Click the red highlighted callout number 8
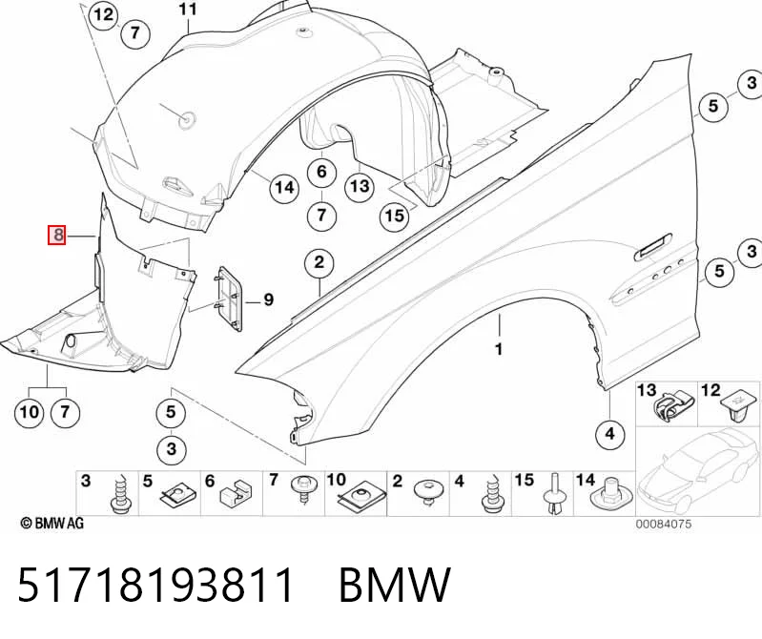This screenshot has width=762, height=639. (x=57, y=236)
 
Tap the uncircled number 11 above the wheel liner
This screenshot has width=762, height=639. (x=188, y=10)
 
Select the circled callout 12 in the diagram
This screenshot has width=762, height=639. (x=104, y=15)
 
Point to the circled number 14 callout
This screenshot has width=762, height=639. (x=285, y=187)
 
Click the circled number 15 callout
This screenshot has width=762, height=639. (x=394, y=215)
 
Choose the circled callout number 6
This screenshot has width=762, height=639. (x=321, y=172)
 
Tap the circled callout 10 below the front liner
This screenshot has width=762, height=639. (x=30, y=413)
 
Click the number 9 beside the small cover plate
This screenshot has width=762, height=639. (x=268, y=299)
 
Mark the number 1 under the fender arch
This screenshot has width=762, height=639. (x=499, y=349)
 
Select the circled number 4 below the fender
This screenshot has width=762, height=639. (x=610, y=432)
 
